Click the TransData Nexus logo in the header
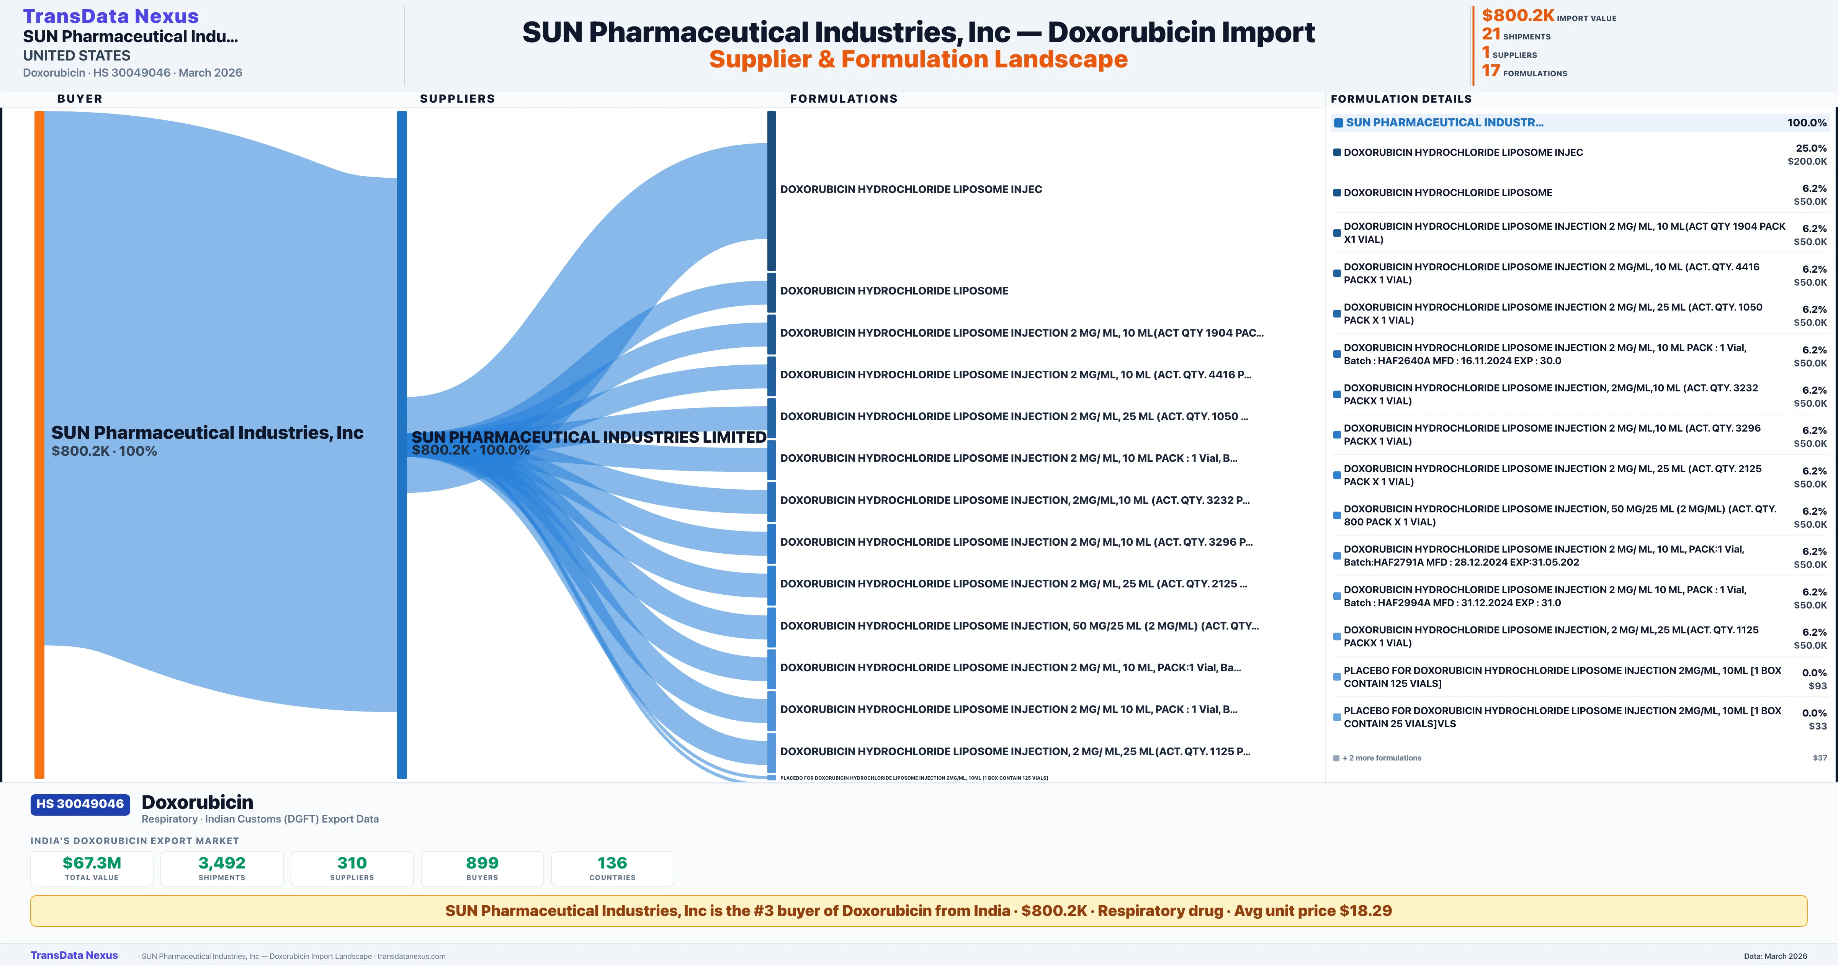pos(111,16)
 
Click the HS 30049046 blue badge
pos(80,804)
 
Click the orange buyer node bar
pos(39,443)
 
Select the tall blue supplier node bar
pos(402,443)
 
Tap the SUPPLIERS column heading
pos(457,98)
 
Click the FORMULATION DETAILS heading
pos(1401,98)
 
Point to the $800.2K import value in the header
pos(1517,15)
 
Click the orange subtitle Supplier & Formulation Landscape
pos(918,59)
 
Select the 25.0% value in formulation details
pos(1811,148)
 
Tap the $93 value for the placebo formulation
pos(1817,686)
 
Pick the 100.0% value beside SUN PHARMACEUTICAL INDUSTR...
pos(1807,123)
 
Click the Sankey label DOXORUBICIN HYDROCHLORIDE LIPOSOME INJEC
pos(911,189)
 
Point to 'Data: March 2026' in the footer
pos(1775,956)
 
